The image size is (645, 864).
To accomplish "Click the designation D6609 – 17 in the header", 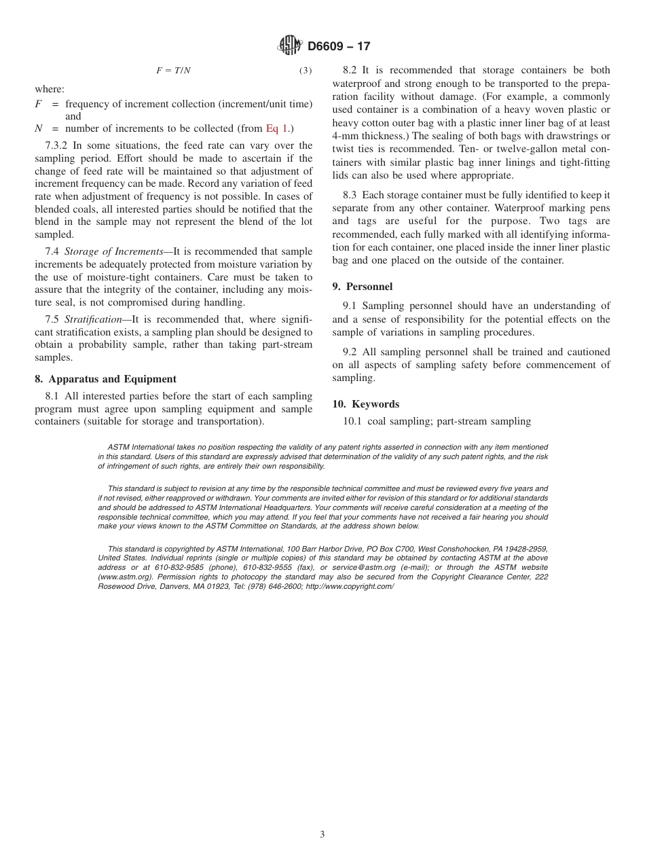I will tap(339, 47).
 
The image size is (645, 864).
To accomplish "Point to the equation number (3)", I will tap(306, 71).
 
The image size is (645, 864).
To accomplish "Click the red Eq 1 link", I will tap(276, 128).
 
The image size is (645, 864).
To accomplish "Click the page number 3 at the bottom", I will tap(322, 835).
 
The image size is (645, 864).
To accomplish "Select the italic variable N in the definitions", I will tap(39, 128).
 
